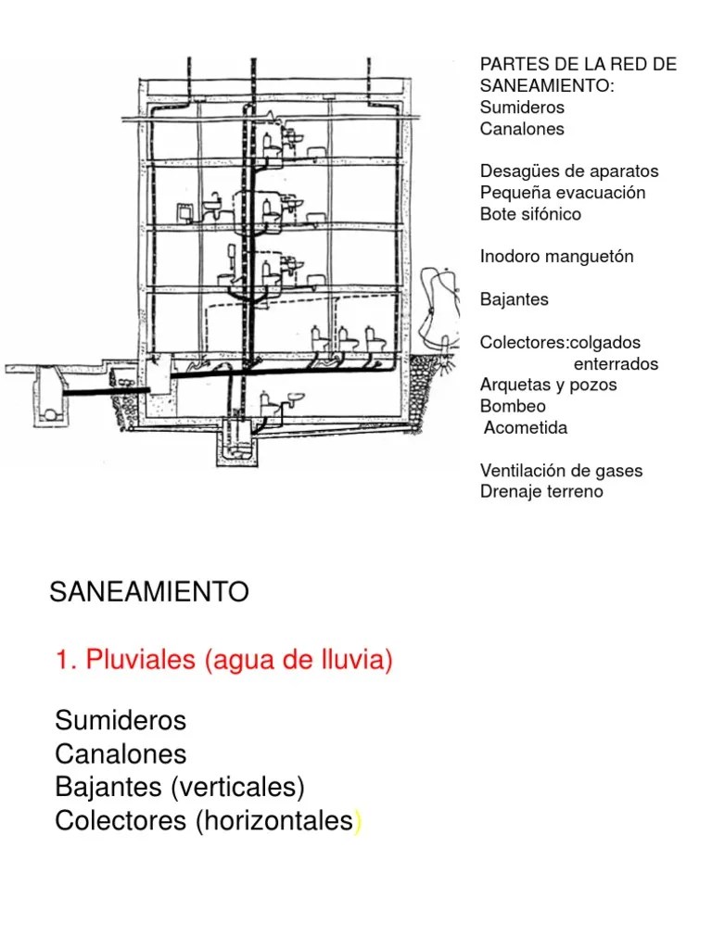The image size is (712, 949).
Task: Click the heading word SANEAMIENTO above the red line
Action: pos(148,592)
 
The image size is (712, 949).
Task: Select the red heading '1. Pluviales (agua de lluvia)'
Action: pos(224,661)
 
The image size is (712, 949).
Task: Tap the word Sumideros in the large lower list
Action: pos(121,720)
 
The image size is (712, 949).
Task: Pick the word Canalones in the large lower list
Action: pos(121,753)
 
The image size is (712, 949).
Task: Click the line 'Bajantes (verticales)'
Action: pos(180,788)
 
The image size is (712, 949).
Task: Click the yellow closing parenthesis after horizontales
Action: pos(357,822)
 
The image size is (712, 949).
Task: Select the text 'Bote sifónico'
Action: pos(530,214)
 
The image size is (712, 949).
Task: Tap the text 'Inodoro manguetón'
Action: pos(556,257)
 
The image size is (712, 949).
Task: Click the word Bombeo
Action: pos(513,406)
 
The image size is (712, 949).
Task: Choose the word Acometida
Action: pos(526,427)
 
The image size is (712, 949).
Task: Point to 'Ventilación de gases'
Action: pos(561,470)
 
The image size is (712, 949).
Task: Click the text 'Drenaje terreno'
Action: pos(541,491)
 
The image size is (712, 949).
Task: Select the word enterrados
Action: pos(616,363)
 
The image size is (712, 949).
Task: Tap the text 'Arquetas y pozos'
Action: pos(548,385)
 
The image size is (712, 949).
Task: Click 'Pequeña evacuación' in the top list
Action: pos(563,193)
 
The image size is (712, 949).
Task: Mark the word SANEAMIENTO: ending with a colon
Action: pos(547,85)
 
